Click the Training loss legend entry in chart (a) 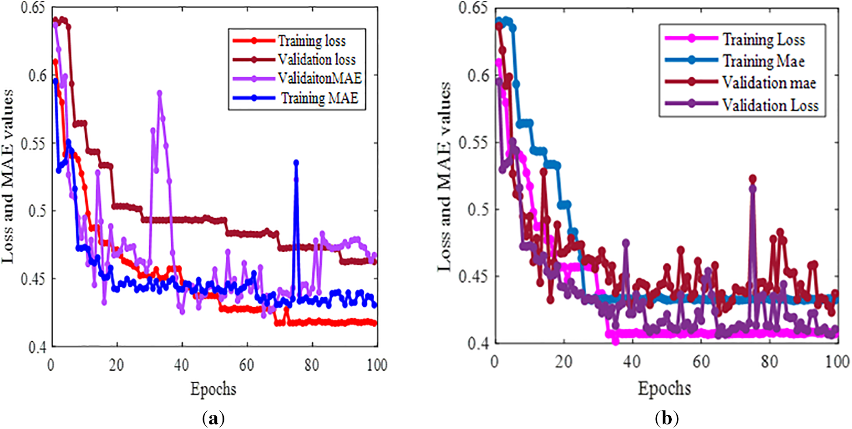312,41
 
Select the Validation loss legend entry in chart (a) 317,60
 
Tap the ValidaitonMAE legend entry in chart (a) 320,78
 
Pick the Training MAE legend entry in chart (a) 319,98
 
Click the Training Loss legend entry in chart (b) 764,40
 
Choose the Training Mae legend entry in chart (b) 764,61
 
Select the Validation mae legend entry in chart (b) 769,83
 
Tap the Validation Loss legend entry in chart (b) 770,105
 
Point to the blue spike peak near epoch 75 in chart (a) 296,162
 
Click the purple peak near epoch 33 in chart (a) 160,93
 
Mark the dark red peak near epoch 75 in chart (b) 752,179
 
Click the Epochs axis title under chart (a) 213,389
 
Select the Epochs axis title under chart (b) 664,389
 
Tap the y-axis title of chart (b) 444,177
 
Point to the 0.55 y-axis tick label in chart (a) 34,144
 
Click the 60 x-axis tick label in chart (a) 247,364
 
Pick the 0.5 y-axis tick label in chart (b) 478,210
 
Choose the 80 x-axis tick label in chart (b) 769,362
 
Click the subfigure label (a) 213,418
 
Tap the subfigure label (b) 667,418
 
